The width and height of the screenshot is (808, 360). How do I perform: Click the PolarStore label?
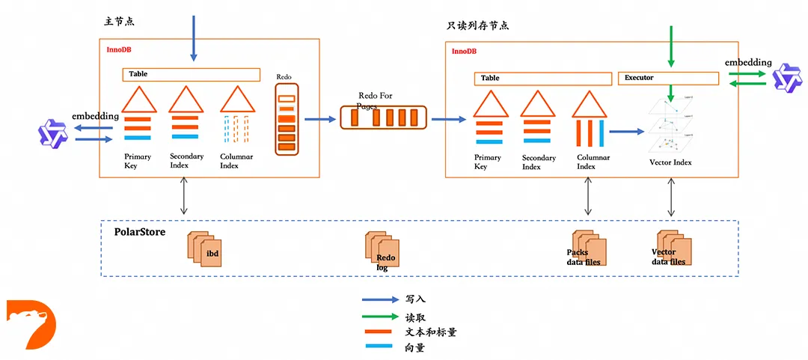[x=139, y=233]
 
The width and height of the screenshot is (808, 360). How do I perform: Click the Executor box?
[x=668, y=78]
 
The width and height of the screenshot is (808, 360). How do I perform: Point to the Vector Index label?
[x=671, y=162]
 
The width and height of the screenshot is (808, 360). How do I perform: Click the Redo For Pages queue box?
[x=384, y=118]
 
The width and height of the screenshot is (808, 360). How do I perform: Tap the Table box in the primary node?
[x=191, y=75]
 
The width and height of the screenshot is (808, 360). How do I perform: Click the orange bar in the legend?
[x=379, y=332]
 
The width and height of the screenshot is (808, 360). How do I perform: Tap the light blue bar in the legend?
[x=379, y=347]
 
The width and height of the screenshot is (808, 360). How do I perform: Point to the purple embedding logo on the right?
[x=787, y=79]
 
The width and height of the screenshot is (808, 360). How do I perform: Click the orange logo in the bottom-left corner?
[x=31, y=324]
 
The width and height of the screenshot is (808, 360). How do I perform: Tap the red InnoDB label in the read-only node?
[x=464, y=51]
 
